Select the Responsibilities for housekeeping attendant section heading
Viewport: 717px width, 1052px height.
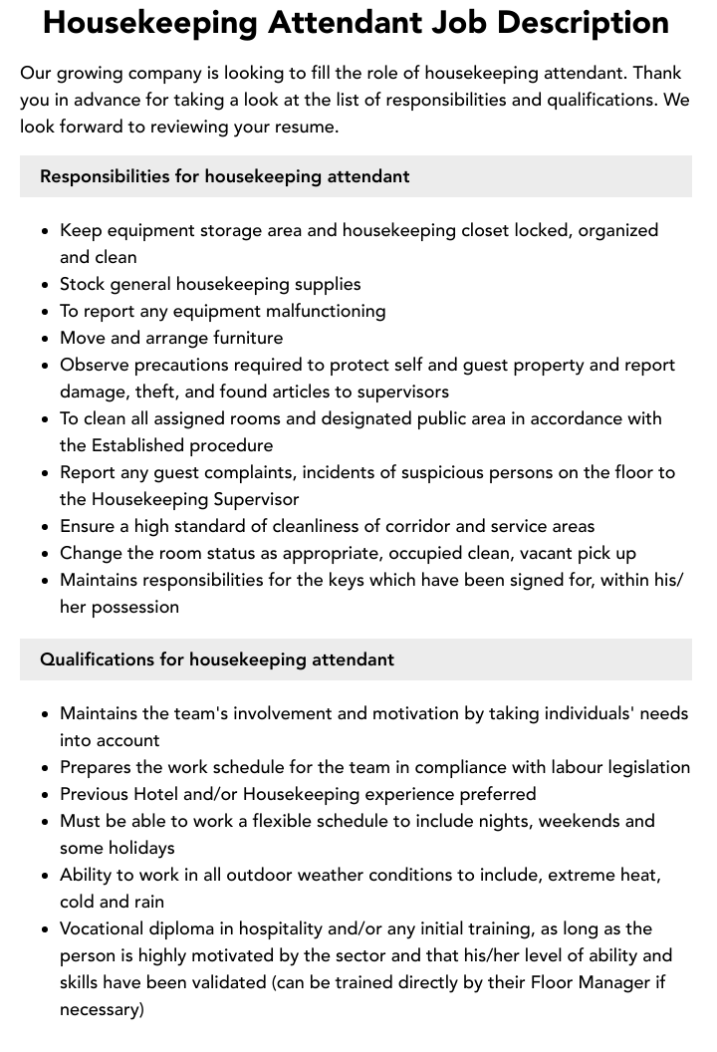[x=224, y=176]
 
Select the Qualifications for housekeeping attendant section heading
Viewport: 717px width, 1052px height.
[x=216, y=659]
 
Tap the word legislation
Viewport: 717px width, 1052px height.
[x=639, y=767]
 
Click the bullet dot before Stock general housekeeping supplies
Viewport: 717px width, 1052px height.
[x=45, y=285]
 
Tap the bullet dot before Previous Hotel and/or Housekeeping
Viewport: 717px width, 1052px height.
[x=45, y=795]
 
